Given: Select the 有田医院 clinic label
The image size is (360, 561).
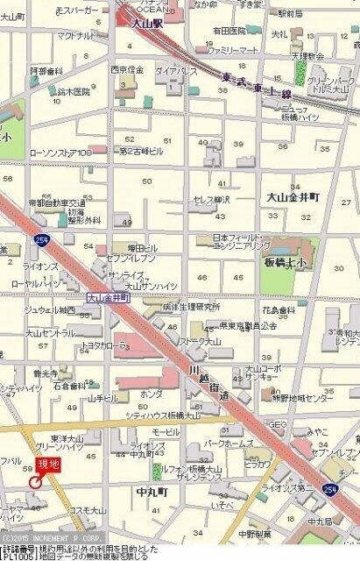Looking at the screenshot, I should click(x=229, y=31).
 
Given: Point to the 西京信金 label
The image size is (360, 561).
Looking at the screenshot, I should click(x=127, y=69).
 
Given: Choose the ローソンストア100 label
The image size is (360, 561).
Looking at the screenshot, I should click(x=60, y=153).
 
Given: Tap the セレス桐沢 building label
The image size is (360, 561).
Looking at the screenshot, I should click(x=211, y=200).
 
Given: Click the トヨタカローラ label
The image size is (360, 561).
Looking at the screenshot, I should click(x=104, y=345).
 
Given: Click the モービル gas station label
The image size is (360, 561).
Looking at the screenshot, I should click(x=166, y=433).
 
